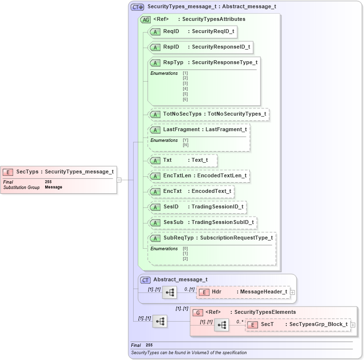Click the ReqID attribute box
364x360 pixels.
(x=192, y=32)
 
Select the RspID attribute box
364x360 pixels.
(x=200, y=47)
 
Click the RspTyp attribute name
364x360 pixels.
(x=173, y=63)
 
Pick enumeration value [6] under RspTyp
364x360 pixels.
(x=185, y=100)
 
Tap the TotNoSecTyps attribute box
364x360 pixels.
(x=208, y=114)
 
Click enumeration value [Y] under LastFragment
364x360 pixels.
(x=186, y=140)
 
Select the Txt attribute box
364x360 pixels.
(x=182, y=160)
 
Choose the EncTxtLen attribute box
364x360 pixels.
(x=199, y=176)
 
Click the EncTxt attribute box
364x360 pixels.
(x=191, y=191)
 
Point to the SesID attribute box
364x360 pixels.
(x=197, y=207)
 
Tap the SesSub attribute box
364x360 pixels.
(x=202, y=223)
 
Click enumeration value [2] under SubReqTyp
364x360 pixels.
(x=185, y=258)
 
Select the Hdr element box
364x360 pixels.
(x=243, y=292)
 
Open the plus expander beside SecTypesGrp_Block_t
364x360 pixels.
(x=353, y=325)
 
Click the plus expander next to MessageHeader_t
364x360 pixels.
(x=292, y=292)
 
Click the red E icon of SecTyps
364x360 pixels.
(x=8, y=171)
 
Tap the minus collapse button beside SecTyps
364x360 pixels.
(x=119, y=180)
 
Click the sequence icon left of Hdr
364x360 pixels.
(x=170, y=292)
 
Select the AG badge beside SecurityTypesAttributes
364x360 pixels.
(x=145, y=20)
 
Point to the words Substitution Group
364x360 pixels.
(x=21, y=187)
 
